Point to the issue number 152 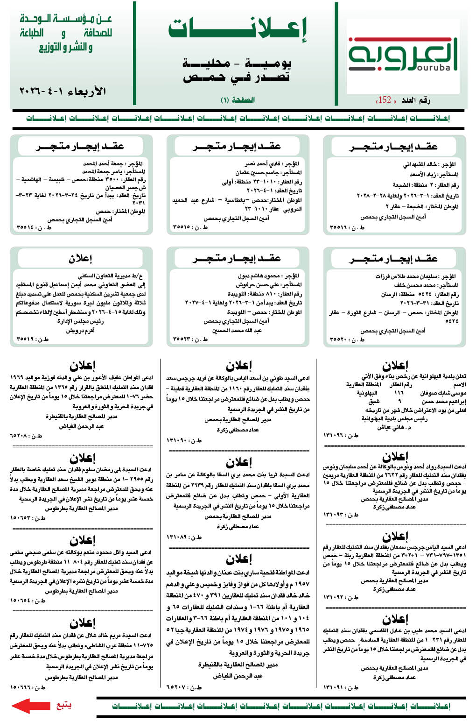tap(385, 100)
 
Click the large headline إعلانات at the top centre tap(238, 30)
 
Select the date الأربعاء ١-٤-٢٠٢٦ tap(63, 91)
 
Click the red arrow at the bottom tap(31, 705)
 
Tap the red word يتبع tap(63, 705)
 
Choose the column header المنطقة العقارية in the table tap(364, 385)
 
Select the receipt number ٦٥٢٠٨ tap(19, 435)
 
